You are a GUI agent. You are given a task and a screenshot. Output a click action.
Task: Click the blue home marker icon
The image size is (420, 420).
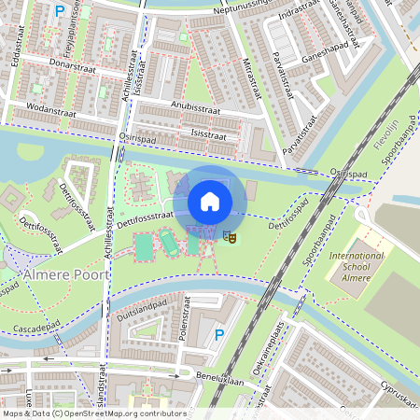210,200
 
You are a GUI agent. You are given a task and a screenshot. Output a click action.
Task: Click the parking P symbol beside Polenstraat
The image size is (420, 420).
219,335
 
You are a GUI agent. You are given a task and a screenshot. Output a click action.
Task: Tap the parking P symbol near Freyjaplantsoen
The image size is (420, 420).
60,11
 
